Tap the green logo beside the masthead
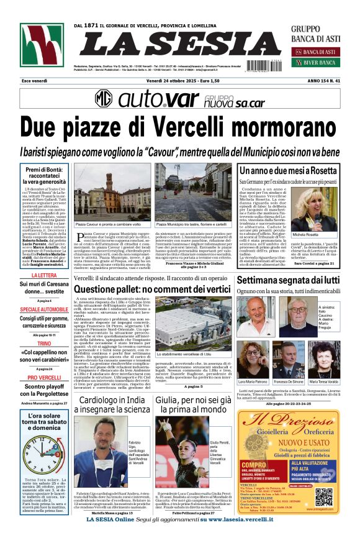pyautogui.click(x=42, y=48)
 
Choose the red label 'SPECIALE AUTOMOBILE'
pyautogui.click(x=44, y=309)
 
